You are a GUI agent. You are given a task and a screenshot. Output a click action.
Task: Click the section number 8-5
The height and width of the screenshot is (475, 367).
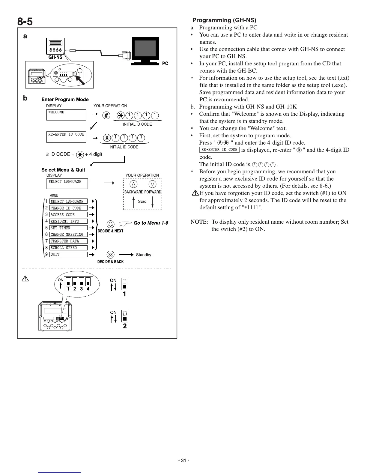25,22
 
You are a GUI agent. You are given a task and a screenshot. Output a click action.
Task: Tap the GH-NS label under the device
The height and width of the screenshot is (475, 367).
55,57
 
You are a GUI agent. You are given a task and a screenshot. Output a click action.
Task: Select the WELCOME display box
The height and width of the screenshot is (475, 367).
66,115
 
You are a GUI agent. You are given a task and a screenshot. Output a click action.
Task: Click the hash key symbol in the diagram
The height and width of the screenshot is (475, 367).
106,115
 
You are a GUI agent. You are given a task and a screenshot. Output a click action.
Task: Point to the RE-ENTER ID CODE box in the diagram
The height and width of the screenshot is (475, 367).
66,137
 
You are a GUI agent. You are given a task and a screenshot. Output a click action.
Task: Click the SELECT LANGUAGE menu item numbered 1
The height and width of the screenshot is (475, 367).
68,201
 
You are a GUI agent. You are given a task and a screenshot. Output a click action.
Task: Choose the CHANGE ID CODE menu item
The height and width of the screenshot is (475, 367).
68,208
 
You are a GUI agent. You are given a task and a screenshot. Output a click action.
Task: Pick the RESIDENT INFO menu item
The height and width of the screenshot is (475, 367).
68,221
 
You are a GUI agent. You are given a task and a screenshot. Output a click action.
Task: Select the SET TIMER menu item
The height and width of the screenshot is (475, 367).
68,228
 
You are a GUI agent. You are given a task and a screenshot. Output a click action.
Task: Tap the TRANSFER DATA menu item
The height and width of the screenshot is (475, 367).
68,241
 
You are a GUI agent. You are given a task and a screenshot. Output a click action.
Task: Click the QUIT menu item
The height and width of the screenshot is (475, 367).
68,254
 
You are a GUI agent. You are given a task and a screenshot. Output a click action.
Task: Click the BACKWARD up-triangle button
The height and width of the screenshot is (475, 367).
133,184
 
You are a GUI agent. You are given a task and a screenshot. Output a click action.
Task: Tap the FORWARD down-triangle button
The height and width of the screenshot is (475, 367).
153,184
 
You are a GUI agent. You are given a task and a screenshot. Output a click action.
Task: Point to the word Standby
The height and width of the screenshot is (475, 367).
144,255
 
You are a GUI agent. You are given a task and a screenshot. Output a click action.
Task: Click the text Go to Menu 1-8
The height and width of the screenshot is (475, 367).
151,223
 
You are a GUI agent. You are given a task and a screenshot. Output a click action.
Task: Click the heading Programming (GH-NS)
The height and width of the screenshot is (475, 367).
224,20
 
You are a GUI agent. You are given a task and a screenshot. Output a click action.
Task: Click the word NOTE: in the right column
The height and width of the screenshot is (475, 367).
199,222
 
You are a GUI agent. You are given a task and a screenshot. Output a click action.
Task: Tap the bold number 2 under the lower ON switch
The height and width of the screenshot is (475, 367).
125,326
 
